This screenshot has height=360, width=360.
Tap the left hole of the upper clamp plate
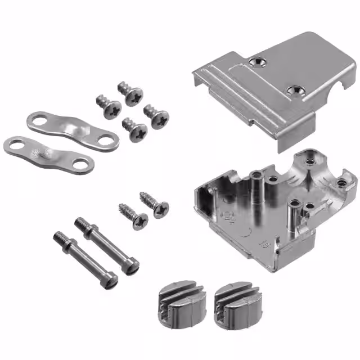[x=37, y=119]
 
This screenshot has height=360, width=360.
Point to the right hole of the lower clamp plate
[x=82, y=165]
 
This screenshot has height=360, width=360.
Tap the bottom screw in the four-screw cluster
[x=136, y=130]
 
